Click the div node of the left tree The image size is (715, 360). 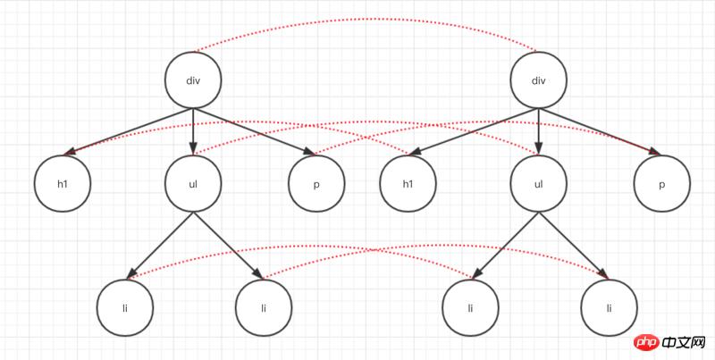click(x=193, y=80)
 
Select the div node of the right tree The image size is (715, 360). click(x=538, y=80)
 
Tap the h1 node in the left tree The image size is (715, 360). click(x=63, y=184)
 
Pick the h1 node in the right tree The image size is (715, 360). click(x=408, y=184)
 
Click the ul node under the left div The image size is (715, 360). click(x=193, y=184)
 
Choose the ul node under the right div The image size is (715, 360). click(x=538, y=184)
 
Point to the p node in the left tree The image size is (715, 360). click(x=317, y=184)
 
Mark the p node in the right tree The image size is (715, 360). click(x=662, y=184)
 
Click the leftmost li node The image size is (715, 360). click(x=125, y=307)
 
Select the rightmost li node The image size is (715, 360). click(x=610, y=307)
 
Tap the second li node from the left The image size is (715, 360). click(x=264, y=307)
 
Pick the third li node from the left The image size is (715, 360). click(x=471, y=307)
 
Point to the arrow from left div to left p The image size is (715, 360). click(x=255, y=132)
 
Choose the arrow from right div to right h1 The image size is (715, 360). click(x=474, y=132)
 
